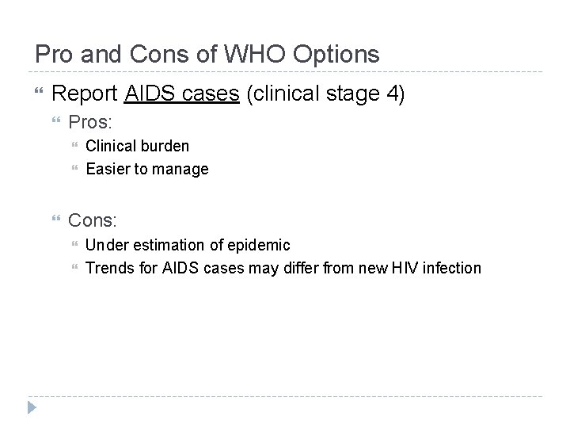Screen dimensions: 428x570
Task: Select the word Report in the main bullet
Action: (85, 94)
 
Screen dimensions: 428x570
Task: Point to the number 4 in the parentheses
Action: (391, 94)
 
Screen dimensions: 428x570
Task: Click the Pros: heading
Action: (89, 123)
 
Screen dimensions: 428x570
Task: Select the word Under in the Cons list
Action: (104, 245)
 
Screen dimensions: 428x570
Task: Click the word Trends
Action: (108, 267)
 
